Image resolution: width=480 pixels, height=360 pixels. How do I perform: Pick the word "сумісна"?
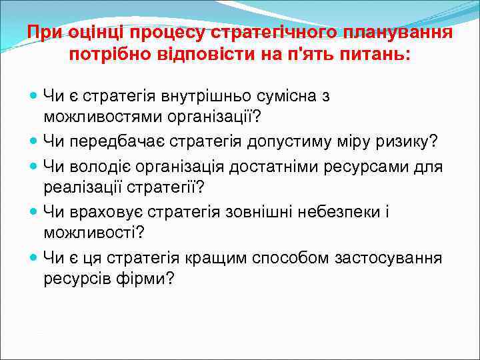[x=291, y=95]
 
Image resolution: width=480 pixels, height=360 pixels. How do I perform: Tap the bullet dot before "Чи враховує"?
[x=34, y=213]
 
